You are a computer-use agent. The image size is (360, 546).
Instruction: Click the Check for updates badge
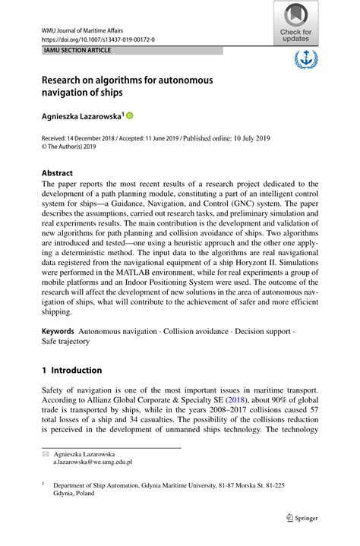295,22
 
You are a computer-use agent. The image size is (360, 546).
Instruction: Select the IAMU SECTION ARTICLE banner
77,50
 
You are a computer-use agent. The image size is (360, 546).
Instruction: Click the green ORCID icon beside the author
129,115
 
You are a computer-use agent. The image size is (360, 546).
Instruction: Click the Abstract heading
57,172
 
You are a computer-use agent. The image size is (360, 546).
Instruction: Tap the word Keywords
58,331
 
